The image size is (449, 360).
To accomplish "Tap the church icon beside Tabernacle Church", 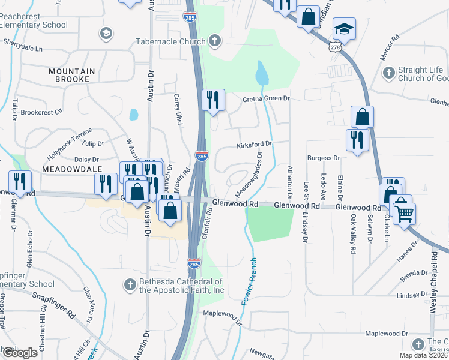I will coord(215,41).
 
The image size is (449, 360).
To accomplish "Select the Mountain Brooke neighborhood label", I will coord(72,75).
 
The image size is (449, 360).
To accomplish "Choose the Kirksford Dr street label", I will coord(255,144).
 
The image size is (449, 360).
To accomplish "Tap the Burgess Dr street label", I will coord(324,158).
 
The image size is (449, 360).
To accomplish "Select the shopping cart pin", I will coord(404,213).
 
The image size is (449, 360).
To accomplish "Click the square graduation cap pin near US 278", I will coord(345,29).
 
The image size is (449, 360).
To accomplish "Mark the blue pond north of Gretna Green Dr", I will coord(262,74).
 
